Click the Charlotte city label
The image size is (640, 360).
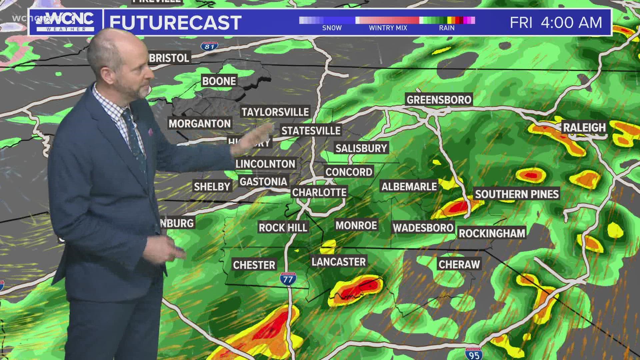(x=319, y=192)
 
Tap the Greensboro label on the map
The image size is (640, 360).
(x=439, y=100)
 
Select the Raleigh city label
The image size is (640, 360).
(x=584, y=127)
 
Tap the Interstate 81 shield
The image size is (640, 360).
(x=209, y=46)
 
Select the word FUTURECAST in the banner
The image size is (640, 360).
(x=175, y=22)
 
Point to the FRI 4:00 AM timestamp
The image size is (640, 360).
(x=556, y=22)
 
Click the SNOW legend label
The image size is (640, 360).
(x=332, y=28)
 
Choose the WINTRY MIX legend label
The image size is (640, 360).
(x=388, y=28)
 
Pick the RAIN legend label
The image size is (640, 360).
(x=447, y=28)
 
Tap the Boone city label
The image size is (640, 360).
(x=219, y=81)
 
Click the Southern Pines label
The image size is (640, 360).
(x=517, y=194)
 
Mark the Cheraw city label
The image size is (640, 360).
(x=459, y=264)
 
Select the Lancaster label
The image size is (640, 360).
(x=339, y=262)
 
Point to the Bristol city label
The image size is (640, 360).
(x=169, y=58)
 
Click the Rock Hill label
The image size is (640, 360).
(x=283, y=228)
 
